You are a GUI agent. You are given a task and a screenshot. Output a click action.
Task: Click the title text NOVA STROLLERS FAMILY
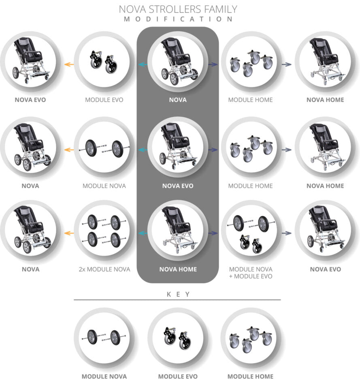click(178, 9)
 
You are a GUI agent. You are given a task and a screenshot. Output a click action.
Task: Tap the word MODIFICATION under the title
click(178, 19)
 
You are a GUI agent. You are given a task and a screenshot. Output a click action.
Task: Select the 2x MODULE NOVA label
click(104, 269)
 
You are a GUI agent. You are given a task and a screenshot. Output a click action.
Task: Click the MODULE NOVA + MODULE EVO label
click(251, 273)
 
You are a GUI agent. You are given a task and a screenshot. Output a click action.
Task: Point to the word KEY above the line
click(178, 294)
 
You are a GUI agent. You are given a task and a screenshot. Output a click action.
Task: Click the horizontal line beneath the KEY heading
click(177, 300)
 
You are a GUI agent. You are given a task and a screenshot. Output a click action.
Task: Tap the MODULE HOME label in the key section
click(250, 377)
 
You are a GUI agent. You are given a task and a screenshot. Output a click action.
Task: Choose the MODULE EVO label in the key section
click(178, 377)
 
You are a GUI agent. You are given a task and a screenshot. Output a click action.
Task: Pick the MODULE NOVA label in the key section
click(104, 377)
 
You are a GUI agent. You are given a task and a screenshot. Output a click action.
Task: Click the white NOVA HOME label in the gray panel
click(178, 269)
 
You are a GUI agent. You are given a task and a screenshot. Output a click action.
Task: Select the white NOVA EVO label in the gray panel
click(178, 186)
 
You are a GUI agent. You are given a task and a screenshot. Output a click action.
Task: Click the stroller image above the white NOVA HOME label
click(179, 230)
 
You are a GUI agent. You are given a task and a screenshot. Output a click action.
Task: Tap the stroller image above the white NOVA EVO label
click(178, 146)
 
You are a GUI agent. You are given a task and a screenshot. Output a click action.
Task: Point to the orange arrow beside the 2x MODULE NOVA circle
click(69, 233)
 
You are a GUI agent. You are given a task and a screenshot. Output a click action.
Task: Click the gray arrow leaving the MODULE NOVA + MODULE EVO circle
click(286, 233)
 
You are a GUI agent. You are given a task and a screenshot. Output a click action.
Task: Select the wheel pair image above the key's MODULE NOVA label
click(104, 337)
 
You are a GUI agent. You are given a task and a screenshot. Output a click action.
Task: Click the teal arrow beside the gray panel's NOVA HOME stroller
click(143, 233)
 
